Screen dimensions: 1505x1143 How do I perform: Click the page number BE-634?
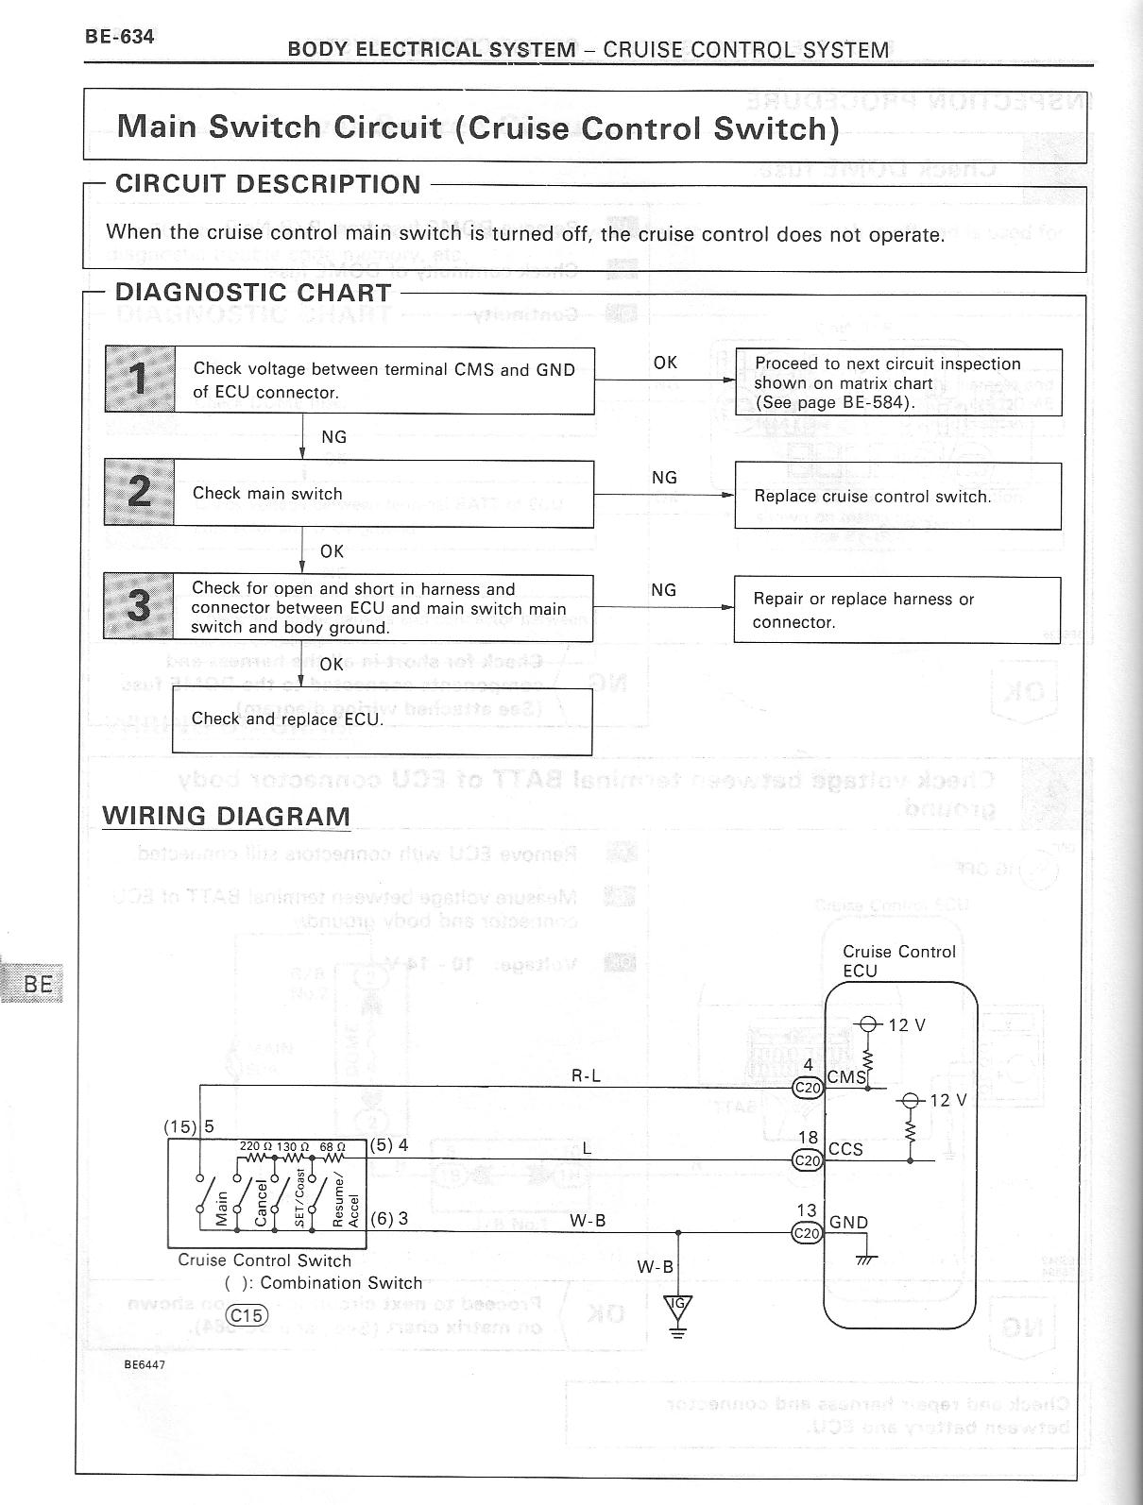(119, 37)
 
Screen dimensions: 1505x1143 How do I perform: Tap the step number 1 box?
(140, 379)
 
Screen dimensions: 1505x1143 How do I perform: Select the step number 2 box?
(139, 492)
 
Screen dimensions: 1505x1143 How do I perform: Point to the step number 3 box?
(139, 606)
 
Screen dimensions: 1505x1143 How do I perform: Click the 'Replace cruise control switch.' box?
(897, 496)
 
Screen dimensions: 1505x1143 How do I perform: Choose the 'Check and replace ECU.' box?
(382, 720)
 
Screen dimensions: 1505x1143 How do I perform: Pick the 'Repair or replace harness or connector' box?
(896, 610)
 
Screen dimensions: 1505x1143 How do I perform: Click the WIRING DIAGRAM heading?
(226, 816)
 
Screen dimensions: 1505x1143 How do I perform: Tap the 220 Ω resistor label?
(255, 1146)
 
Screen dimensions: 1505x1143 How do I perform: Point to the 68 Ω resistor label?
(333, 1146)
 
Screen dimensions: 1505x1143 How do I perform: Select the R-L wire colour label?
(586, 1074)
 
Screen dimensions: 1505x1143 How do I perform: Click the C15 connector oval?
(248, 1315)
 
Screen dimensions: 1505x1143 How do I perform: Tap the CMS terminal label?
(846, 1076)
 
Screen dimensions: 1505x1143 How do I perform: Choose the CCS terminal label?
(845, 1149)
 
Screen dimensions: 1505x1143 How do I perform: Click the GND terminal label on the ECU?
(848, 1222)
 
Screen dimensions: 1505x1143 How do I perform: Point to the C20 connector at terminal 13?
(808, 1232)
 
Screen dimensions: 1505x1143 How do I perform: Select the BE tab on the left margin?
(38, 984)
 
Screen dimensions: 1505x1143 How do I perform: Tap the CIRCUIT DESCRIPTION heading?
(268, 184)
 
